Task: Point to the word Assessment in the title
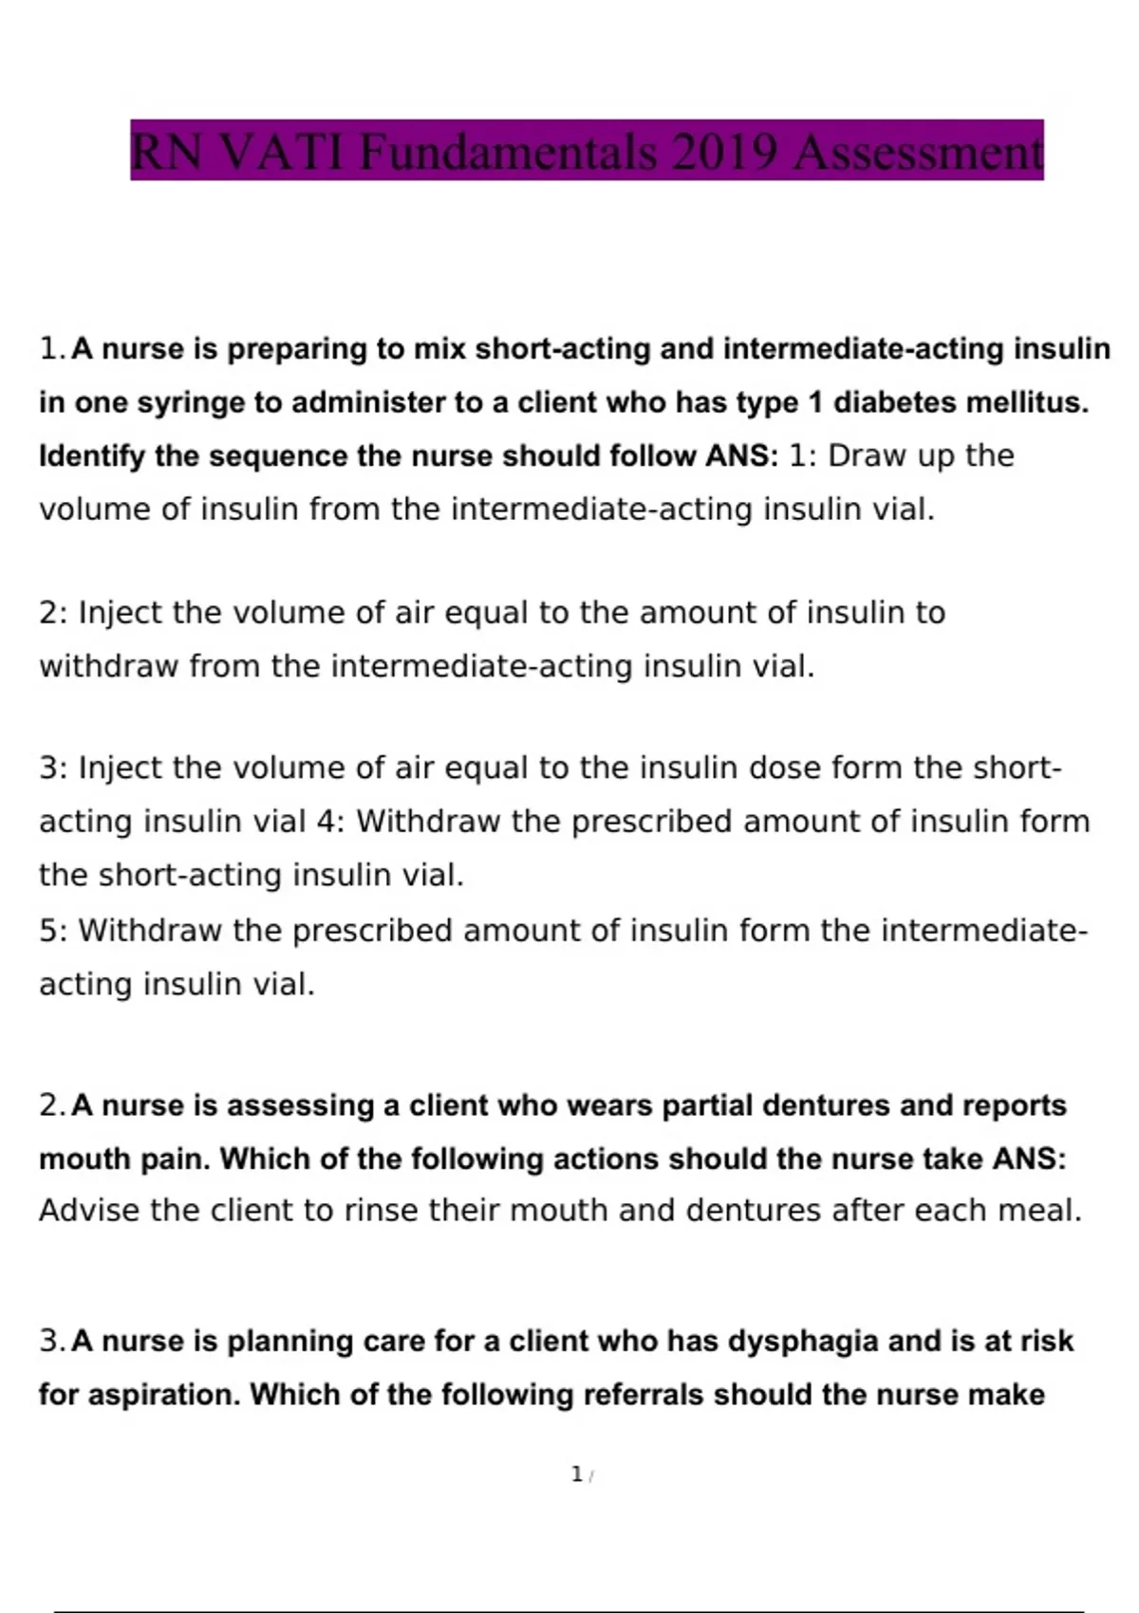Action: click(918, 152)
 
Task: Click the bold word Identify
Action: click(91, 457)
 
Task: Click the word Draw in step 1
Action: click(867, 456)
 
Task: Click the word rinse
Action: click(382, 1212)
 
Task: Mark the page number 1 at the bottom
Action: click(576, 1474)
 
